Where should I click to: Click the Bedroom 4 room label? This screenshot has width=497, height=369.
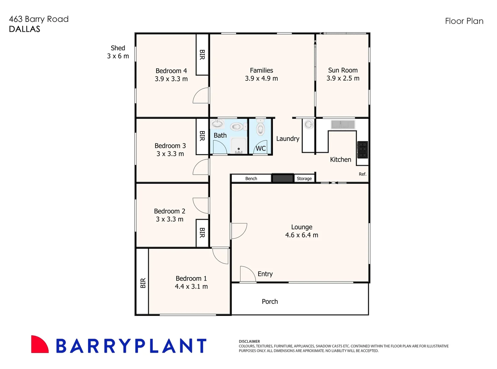171,71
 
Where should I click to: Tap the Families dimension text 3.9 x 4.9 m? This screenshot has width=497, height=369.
261,79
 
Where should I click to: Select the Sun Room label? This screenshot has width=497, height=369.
343,70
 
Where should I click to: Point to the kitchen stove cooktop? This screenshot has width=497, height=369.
362,150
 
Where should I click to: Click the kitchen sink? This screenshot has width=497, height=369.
343,124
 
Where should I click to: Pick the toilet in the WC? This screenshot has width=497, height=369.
261,128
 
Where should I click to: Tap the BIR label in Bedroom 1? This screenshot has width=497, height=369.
143,283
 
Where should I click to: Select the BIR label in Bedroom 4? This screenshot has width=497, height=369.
202,55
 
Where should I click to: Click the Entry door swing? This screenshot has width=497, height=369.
248,274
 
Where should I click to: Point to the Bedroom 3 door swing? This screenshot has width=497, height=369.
201,167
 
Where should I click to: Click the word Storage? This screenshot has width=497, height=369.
304,178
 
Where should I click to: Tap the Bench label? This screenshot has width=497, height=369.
251,178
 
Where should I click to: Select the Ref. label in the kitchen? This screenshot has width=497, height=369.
362,174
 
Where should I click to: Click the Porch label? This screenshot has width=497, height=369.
270,301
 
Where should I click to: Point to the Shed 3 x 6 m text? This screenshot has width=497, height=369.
118,52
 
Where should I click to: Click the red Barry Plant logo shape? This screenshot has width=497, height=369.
39,345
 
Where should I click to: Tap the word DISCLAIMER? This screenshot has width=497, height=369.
249,341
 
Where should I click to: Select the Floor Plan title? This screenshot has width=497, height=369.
464,21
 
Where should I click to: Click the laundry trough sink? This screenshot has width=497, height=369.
309,125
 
